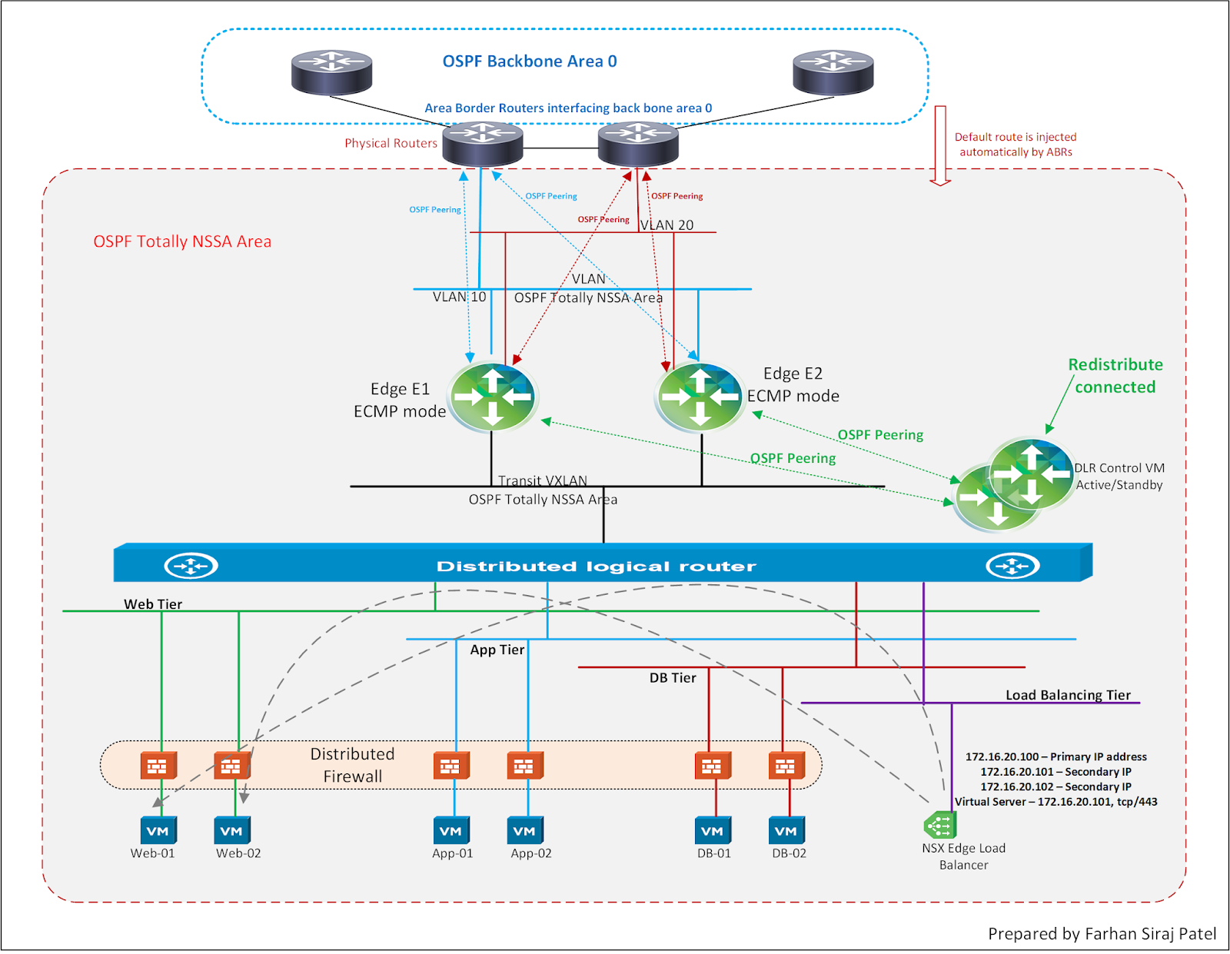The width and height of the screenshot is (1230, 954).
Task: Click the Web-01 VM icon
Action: (x=158, y=830)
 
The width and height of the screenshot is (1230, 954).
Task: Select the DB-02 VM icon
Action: (x=787, y=830)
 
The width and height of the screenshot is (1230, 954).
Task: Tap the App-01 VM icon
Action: (x=451, y=830)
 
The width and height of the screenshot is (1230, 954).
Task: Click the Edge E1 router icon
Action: (x=493, y=397)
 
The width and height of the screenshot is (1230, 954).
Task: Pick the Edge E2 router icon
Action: (x=700, y=397)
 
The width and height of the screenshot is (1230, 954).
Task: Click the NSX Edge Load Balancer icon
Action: (x=939, y=826)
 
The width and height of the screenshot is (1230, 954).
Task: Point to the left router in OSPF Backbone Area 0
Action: (x=331, y=72)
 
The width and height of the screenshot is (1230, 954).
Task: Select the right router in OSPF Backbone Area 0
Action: (x=833, y=72)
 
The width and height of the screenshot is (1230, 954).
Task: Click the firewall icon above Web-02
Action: (x=232, y=766)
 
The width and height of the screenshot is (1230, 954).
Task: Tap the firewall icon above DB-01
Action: (x=713, y=766)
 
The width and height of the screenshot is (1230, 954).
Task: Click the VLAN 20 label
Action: (x=667, y=225)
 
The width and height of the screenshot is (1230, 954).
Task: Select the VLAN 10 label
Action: (x=459, y=297)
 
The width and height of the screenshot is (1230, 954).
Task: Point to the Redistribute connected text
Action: (x=1115, y=376)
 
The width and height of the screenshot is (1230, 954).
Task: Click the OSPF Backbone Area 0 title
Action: (x=530, y=61)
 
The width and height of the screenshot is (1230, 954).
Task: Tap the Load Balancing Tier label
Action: (x=1068, y=695)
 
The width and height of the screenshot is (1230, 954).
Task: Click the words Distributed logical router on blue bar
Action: (x=596, y=567)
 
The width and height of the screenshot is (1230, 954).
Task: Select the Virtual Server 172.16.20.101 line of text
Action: (x=1055, y=802)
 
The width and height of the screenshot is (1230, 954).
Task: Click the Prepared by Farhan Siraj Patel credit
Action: (x=1102, y=933)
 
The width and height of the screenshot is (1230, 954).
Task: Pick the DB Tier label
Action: (x=673, y=678)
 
